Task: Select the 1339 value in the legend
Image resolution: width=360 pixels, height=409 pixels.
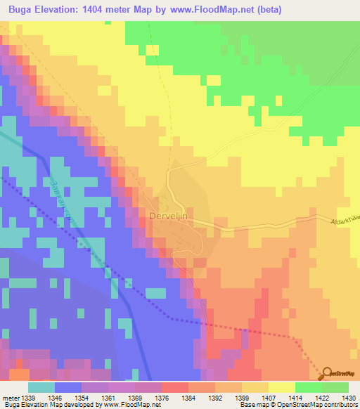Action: coord(28,397)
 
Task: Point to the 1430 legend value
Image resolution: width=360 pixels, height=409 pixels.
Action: coord(340,397)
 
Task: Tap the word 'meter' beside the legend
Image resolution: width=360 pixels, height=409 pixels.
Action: coord(11,397)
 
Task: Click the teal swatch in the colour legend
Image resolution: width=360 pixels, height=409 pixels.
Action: coord(41,387)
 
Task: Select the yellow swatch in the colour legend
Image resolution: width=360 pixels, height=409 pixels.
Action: coord(281,387)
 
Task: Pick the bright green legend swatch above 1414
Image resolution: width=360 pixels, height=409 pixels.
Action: coord(308,387)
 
